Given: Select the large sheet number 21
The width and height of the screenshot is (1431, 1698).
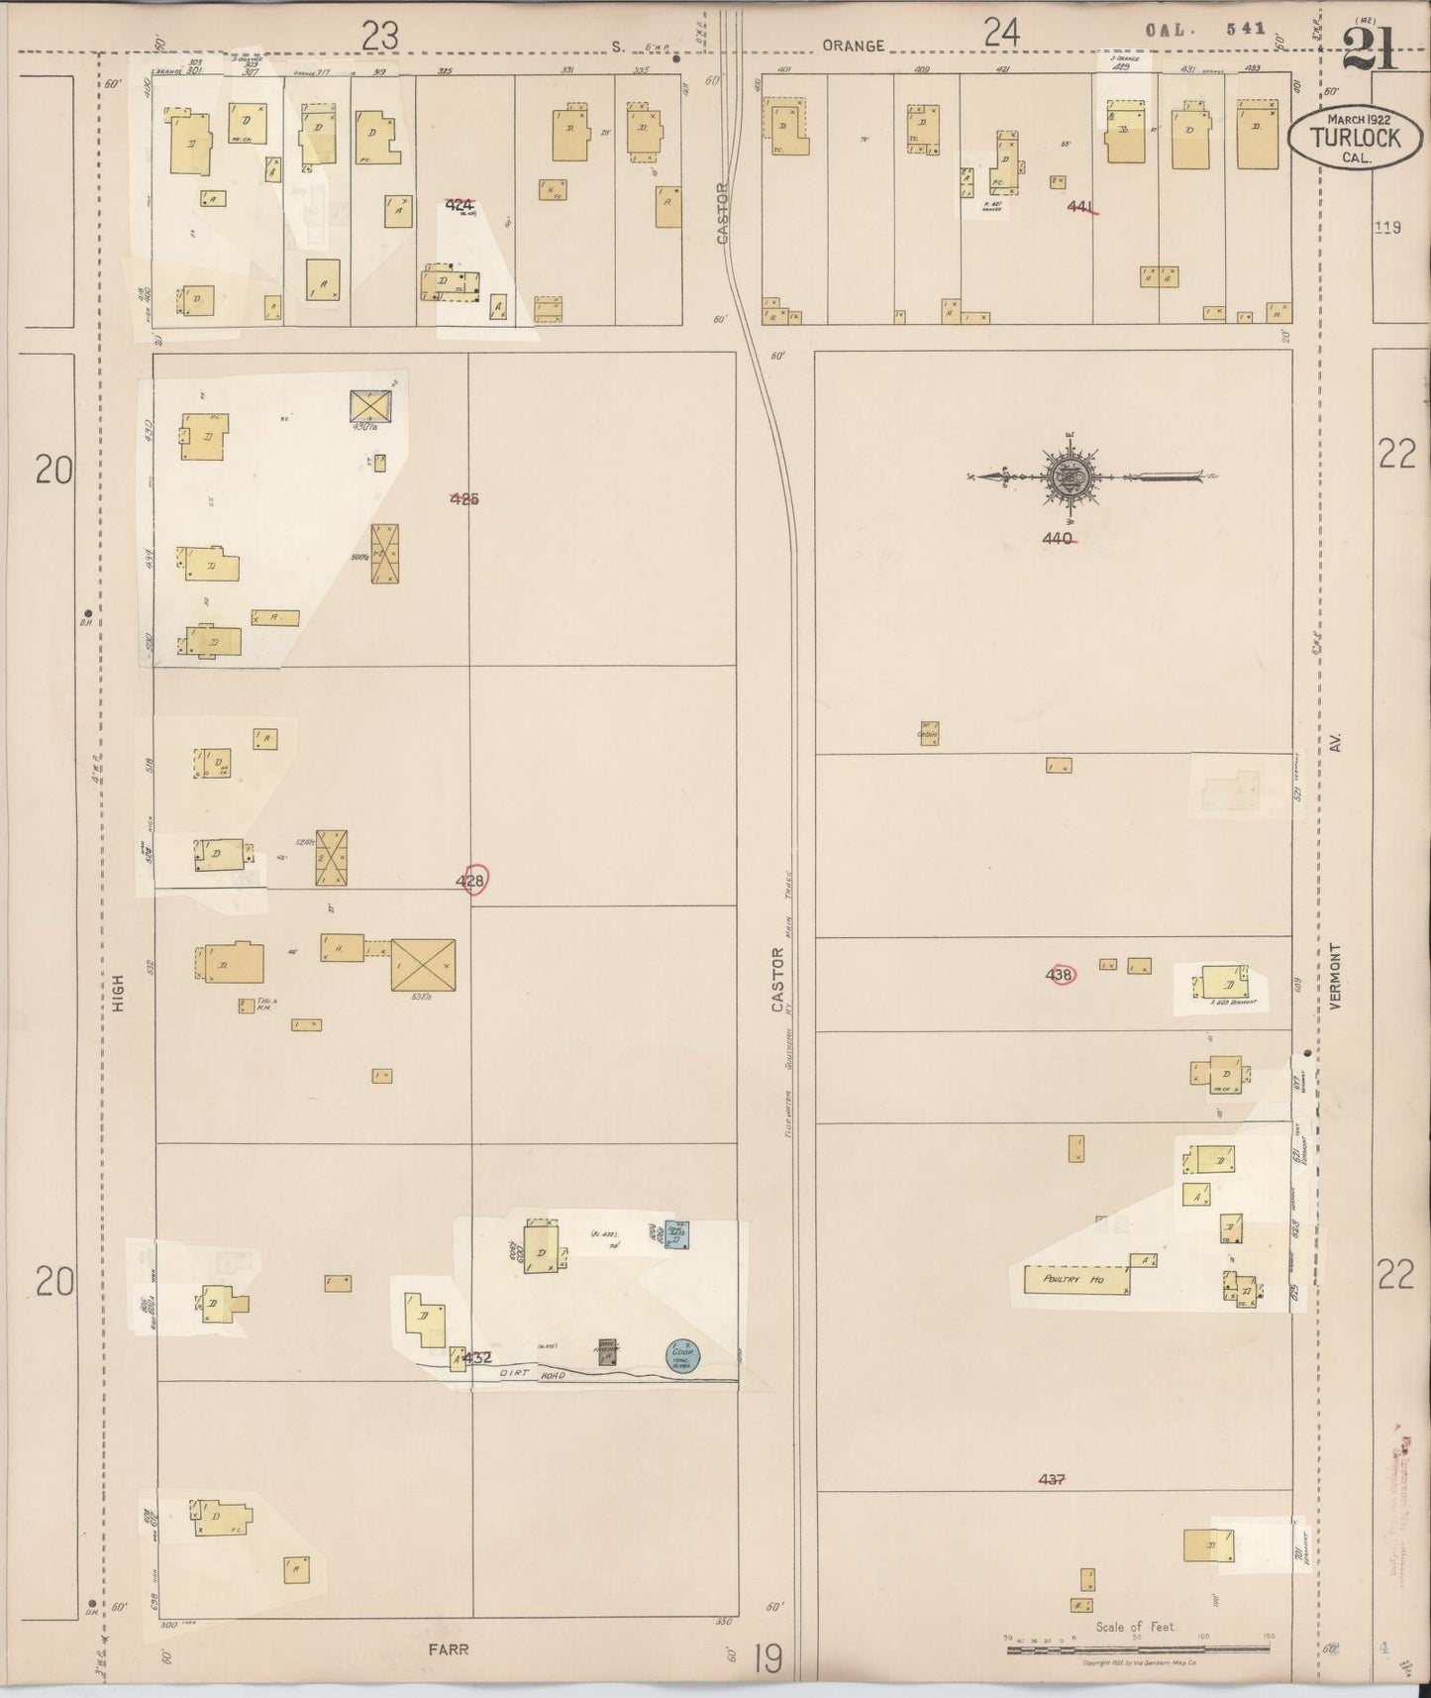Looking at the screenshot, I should pos(1370,48).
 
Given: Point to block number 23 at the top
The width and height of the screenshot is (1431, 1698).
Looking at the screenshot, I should pos(379,37).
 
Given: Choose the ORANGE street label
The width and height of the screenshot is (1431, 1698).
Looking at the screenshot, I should pos(853,46).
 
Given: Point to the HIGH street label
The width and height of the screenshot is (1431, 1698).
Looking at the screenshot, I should pos(120,992).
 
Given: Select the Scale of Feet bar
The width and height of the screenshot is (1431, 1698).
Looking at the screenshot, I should pos(1138,1649).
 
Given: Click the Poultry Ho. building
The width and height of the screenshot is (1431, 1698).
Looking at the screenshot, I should pos(1075,1279).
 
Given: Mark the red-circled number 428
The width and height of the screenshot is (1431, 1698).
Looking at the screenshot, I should pos(472,880).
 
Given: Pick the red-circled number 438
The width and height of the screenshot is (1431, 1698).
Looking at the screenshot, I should pos(1060,975).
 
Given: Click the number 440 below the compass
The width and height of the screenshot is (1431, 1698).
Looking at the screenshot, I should pos(1058,539).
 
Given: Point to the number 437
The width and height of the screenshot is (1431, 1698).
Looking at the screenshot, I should pos(1052,1479).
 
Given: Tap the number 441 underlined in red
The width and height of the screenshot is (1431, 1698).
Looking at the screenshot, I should pos(1081,207).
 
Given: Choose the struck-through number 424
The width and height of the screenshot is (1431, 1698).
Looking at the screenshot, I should pos(459,206).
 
